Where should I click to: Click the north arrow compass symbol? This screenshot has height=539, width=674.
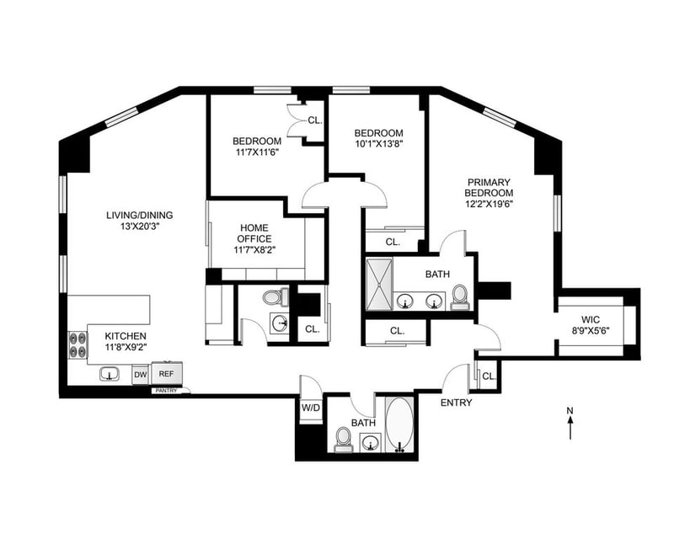click(570, 423)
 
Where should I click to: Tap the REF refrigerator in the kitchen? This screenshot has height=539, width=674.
click(166, 373)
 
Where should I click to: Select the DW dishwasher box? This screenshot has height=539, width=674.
click(140, 375)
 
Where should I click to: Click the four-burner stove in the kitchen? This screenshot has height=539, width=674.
click(78, 345)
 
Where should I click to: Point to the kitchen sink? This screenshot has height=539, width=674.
click(110, 374)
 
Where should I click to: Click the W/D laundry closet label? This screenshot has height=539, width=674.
click(311, 408)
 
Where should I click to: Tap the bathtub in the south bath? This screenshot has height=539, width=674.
click(399, 424)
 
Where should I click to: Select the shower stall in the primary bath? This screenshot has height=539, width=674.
click(378, 283)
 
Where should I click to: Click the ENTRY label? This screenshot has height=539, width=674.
click(456, 403)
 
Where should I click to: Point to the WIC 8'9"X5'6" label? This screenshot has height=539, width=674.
click(591, 325)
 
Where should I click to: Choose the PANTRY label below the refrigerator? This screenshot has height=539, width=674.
click(166, 391)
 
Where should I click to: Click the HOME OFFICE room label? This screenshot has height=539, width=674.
click(254, 233)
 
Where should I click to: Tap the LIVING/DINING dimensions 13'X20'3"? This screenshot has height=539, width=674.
click(140, 226)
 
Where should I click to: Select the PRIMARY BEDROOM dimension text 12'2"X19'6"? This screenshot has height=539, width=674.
click(489, 204)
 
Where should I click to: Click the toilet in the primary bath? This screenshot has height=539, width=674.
click(459, 297)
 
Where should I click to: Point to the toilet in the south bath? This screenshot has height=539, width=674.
click(344, 440)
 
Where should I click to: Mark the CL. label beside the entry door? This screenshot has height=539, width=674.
click(489, 376)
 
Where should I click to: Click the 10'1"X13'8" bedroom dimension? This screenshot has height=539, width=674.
click(378, 143)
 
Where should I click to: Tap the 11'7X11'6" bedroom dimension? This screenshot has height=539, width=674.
click(257, 152)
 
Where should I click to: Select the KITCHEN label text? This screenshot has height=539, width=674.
click(126, 336)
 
